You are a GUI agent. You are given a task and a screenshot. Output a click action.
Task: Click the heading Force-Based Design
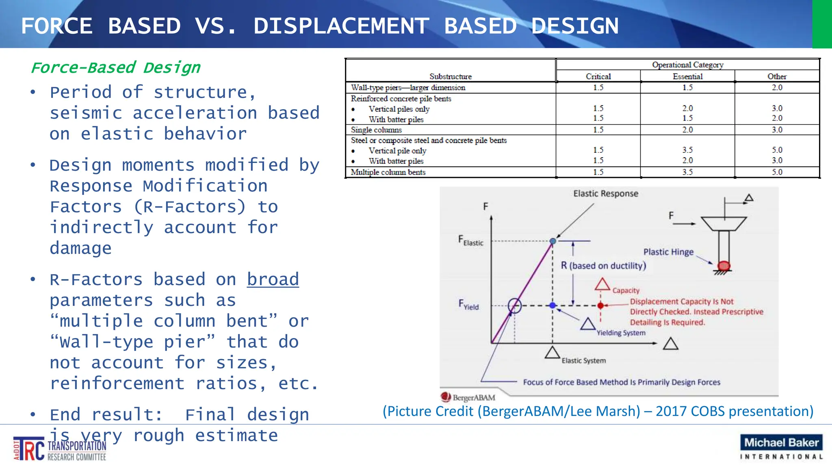116,67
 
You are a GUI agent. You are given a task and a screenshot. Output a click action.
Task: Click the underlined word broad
273,279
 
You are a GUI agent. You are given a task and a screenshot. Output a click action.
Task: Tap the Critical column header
598,76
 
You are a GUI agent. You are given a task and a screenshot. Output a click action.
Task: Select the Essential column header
687,76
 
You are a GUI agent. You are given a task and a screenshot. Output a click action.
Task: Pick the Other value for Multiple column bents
777,172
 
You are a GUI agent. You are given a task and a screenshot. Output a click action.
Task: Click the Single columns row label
376,130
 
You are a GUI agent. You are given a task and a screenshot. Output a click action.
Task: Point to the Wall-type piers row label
408,88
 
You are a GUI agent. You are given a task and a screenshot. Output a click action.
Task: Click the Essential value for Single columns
687,130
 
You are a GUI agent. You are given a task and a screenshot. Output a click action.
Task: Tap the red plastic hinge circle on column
724,266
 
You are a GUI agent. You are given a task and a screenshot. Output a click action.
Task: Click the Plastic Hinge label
668,252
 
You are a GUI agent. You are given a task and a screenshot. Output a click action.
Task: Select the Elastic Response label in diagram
605,194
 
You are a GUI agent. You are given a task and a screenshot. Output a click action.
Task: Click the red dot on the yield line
600,305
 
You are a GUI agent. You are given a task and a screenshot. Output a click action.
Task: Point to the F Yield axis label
468,305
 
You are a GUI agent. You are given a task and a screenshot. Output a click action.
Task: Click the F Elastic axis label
470,241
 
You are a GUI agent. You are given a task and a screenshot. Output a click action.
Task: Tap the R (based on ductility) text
603,266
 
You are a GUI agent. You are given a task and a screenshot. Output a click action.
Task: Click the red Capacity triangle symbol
602,285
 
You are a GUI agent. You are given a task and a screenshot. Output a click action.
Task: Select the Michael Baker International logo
781,447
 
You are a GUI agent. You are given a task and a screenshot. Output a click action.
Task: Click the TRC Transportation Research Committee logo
60,449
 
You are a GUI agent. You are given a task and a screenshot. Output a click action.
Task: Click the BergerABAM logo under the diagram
468,397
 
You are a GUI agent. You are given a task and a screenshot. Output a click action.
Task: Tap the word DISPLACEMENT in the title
341,26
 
